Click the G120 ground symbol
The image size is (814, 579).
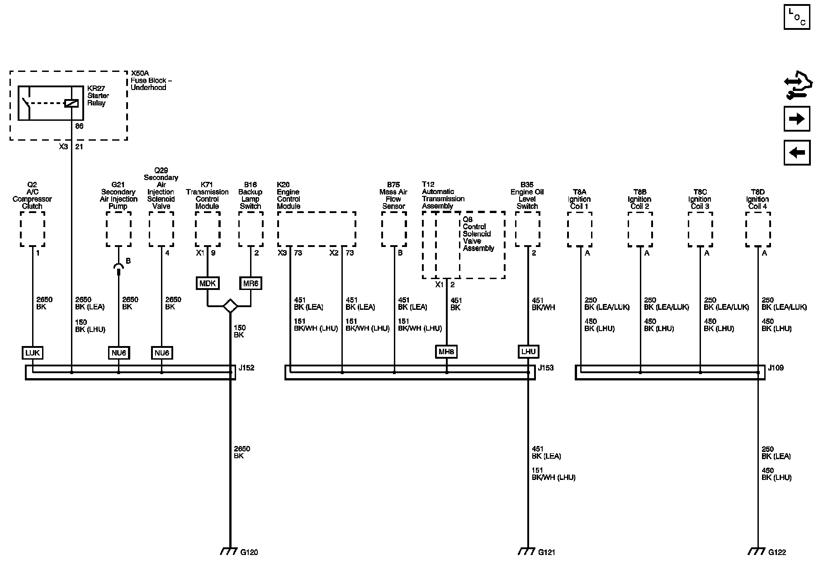[230, 551]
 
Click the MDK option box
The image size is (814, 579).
[208, 283]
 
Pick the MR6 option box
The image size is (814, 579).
[251, 283]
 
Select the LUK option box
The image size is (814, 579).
[33, 352]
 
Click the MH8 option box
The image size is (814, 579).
[446, 351]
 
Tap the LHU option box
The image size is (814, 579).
[528, 351]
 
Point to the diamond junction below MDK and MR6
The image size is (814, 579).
[230, 306]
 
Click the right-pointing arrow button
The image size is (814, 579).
[796, 119]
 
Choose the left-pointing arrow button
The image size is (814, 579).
[796, 152]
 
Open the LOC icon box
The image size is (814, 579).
[796, 17]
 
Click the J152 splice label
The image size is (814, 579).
[246, 368]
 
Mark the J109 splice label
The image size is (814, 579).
[776, 368]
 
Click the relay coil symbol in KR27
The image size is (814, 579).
[71, 103]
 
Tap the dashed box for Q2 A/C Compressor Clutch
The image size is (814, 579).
[33, 229]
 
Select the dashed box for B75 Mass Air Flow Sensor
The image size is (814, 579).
[394, 229]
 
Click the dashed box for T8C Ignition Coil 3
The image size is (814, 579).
[700, 229]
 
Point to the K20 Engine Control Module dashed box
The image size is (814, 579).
[316, 229]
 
